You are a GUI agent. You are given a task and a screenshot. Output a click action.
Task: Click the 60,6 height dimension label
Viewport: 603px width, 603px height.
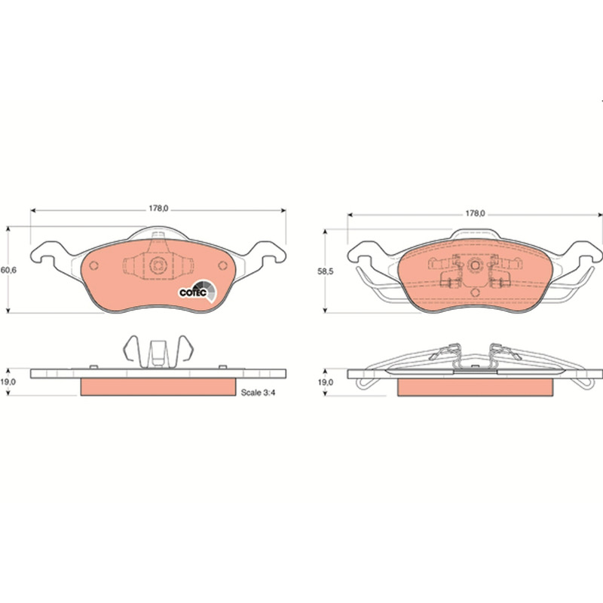pos(8,270)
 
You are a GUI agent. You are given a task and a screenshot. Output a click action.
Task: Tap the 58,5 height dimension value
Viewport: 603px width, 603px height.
pos(325,271)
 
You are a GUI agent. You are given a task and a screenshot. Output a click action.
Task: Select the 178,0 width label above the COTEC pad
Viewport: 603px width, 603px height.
pos(158,209)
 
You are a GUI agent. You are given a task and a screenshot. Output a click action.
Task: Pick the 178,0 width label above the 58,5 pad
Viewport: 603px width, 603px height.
pos(476,213)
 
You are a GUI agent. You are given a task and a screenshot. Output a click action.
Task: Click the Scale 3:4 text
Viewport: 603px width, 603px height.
pos(259,392)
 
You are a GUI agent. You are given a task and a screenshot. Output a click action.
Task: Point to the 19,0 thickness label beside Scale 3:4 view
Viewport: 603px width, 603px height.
pos(8,382)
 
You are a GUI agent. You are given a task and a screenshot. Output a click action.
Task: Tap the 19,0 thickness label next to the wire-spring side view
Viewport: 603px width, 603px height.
pos(325,383)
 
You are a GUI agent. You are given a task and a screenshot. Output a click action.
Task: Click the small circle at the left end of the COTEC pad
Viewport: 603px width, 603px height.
pos(93,265)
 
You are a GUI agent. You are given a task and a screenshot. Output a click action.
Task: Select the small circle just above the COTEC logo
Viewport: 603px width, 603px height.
pos(222,265)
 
